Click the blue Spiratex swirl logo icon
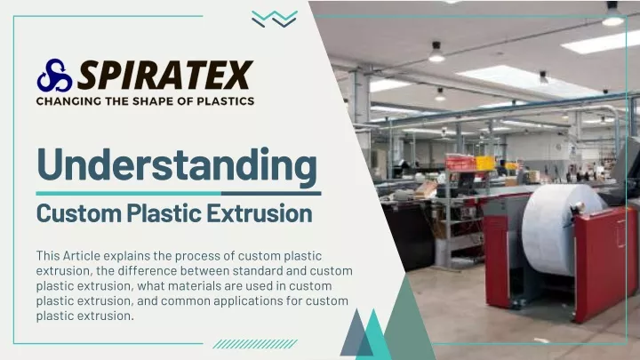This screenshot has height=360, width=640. [x=54, y=76]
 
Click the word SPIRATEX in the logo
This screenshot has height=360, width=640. [x=165, y=75]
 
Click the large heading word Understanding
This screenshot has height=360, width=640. [x=177, y=164]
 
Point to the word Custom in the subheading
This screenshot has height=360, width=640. [x=79, y=213]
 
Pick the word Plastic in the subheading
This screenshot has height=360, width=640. [x=164, y=213]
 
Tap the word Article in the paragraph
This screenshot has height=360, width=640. [x=81, y=255]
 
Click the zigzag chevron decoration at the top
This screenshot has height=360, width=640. [x=275, y=20]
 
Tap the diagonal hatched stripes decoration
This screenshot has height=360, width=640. [x=255, y=344]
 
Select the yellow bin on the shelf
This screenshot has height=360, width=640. [x=485, y=163]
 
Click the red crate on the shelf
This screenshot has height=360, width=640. [x=460, y=163]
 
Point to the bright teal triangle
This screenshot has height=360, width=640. [x=373, y=334]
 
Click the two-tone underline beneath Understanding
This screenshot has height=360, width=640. [x=179, y=194]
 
